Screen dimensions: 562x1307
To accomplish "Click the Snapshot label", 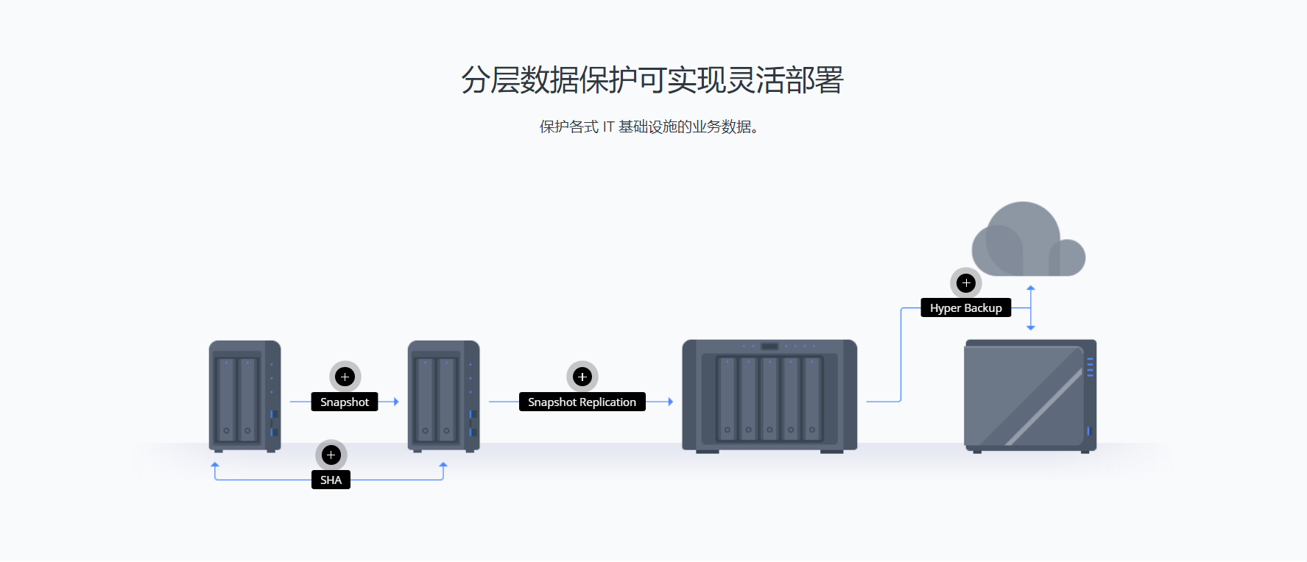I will (345, 402).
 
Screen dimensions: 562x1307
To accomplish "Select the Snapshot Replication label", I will (582, 402).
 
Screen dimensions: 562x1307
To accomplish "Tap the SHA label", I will (331, 480).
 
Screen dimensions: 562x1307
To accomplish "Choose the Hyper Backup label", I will (965, 308).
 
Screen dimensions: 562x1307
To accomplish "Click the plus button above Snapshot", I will (345, 377).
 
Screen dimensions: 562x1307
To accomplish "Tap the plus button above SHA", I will (331, 455).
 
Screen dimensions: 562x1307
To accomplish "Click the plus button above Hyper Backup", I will (966, 283).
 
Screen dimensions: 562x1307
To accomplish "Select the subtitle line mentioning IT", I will (649, 127).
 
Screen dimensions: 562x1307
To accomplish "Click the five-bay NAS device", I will (769, 395).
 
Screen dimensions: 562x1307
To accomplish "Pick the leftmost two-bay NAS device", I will (244, 396).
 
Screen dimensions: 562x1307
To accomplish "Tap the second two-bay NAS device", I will (443, 396).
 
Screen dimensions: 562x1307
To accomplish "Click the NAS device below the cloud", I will (1030, 395).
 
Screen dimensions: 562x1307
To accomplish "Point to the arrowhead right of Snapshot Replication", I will (670, 402).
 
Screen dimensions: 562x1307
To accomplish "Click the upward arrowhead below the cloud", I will (1031, 288).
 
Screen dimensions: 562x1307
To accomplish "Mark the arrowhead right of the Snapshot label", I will (396, 402).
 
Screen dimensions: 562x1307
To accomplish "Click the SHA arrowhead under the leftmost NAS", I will (215, 466).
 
